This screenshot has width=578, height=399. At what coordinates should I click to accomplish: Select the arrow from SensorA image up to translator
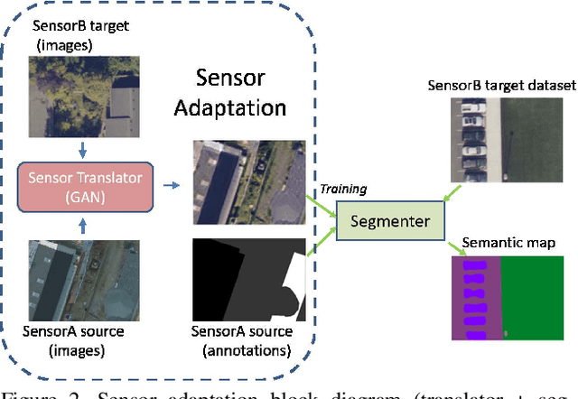(84, 226)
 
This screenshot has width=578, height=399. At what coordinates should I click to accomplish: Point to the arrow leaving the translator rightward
(170, 184)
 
